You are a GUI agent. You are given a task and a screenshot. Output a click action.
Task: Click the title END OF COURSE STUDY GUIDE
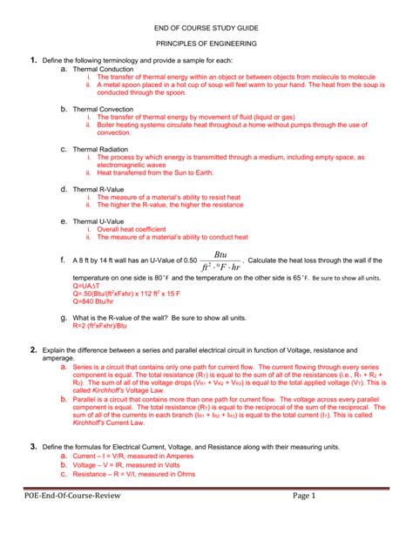206,29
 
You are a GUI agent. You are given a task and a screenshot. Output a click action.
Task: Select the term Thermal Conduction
103,69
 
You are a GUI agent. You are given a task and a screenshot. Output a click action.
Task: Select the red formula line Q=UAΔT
87,286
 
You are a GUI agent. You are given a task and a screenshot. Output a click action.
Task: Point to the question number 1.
32,59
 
